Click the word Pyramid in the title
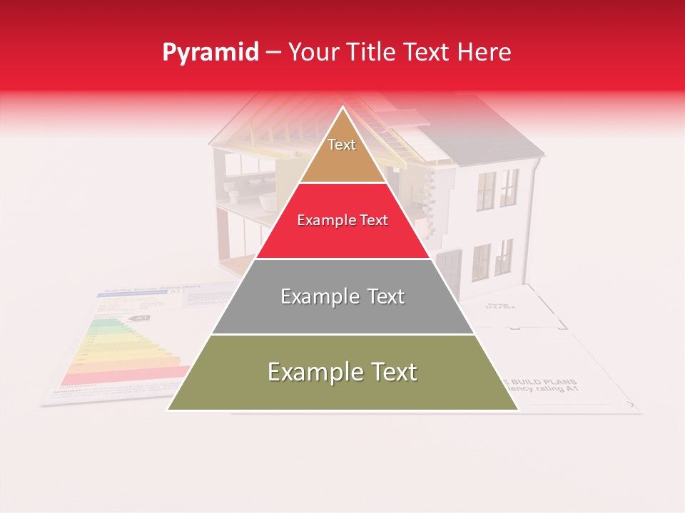(x=210, y=53)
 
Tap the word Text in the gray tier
(x=382, y=296)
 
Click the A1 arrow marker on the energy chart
(x=142, y=318)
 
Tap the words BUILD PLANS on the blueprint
(x=550, y=382)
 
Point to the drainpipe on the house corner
(x=534, y=214)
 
